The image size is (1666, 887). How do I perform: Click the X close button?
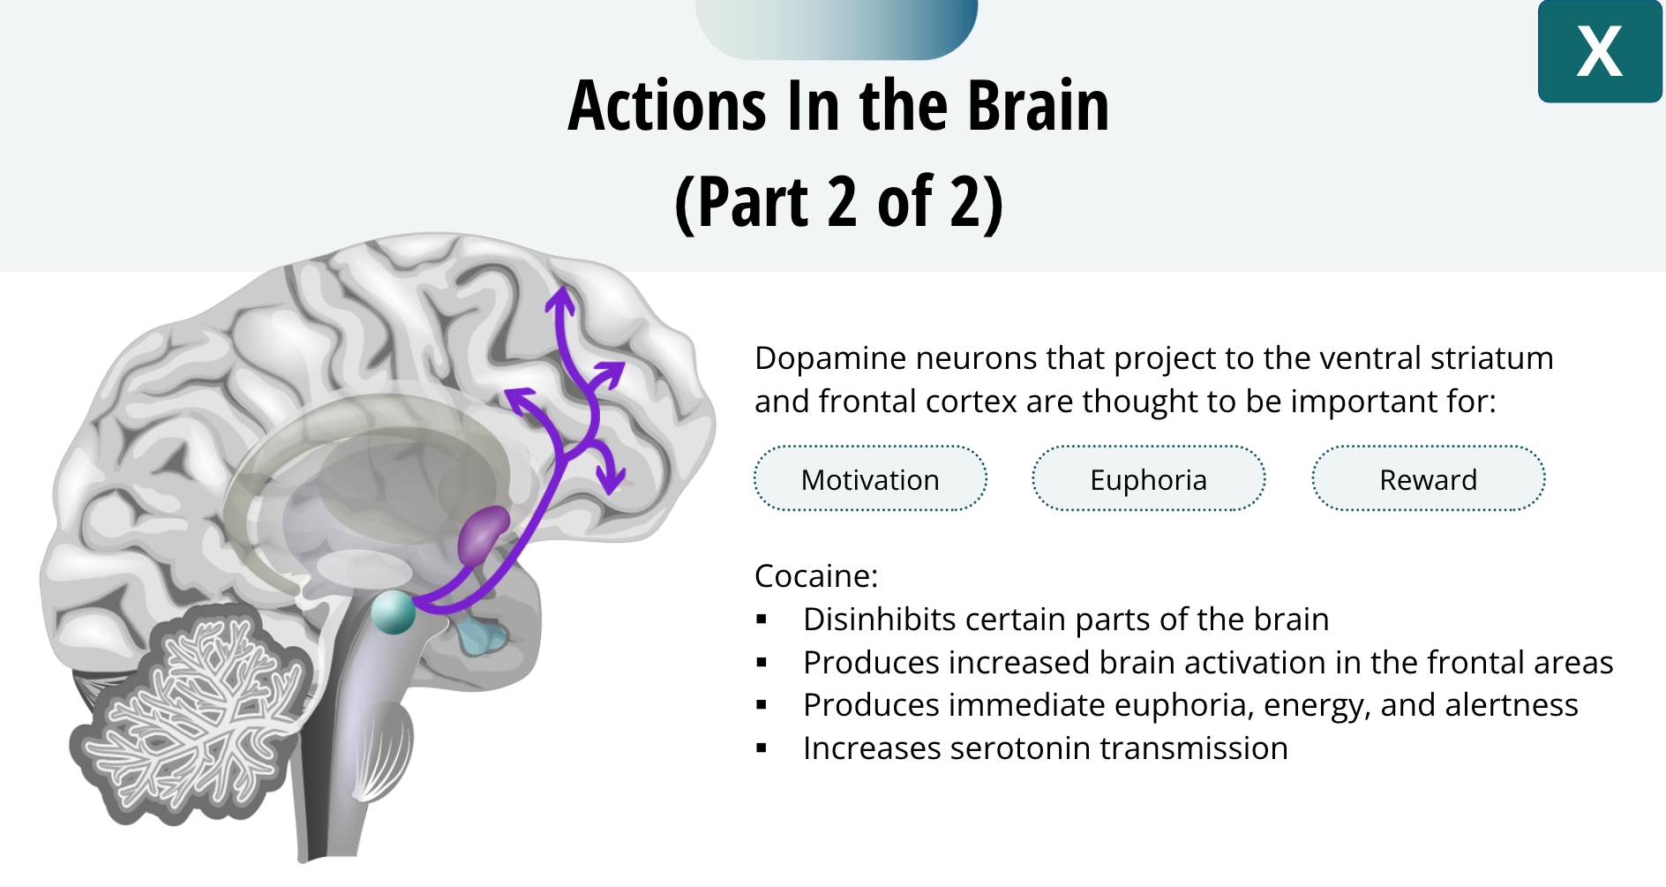click(1599, 51)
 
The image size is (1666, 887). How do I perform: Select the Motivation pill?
click(870, 479)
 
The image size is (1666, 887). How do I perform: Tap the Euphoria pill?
click(1148, 479)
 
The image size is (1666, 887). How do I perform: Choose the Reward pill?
click(1428, 479)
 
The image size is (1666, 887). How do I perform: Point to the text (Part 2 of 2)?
click(838, 202)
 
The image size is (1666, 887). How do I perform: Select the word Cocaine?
click(814, 576)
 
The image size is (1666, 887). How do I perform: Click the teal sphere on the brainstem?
click(393, 612)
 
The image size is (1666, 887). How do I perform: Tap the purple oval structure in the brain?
click(483, 535)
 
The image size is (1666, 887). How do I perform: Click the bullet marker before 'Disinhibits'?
click(762, 620)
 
